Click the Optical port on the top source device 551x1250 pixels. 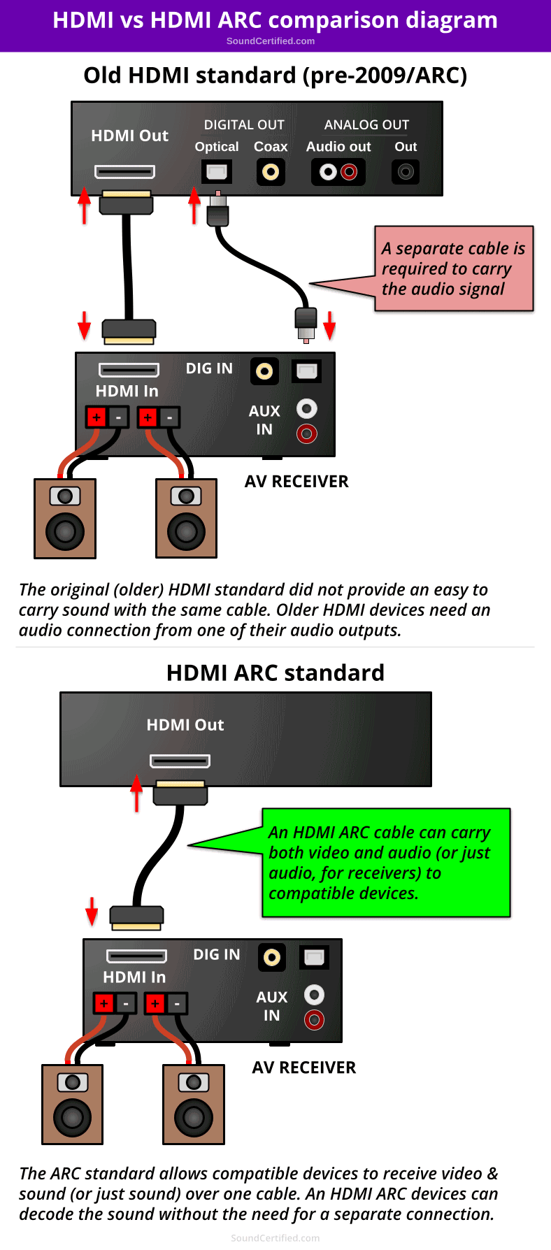(x=217, y=171)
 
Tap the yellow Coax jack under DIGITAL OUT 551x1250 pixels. (x=271, y=171)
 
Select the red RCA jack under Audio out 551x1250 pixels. (x=349, y=171)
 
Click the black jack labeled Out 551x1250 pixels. (x=406, y=171)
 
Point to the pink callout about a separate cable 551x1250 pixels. (x=453, y=268)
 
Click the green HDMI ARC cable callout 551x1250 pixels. (x=385, y=863)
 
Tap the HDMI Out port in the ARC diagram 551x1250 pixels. (x=180, y=761)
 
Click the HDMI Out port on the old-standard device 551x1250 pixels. (x=124, y=171)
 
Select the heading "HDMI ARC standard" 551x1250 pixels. (x=275, y=673)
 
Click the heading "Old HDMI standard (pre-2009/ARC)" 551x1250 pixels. (x=275, y=75)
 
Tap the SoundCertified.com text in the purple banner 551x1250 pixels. (x=271, y=41)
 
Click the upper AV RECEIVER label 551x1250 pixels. (x=296, y=482)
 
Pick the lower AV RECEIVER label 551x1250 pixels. (x=304, y=1068)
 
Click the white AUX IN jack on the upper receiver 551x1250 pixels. (x=307, y=408)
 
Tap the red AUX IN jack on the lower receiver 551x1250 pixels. (x=315, y=1020)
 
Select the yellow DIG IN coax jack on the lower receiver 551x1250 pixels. (x=272, y=957)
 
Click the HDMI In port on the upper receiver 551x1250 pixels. (x=129, y=369)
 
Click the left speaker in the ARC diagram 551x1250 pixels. (x=73, y=1104)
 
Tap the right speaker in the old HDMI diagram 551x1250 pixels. (x=186, y=518)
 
